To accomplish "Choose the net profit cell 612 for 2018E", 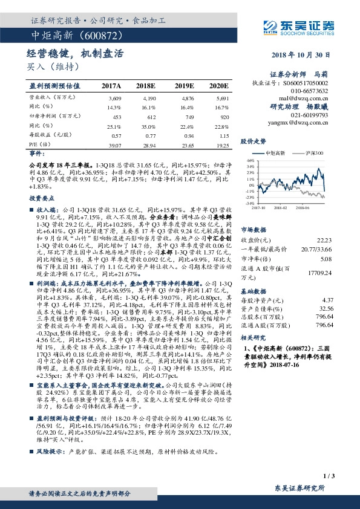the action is click(151, 116).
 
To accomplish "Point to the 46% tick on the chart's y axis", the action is click(250, 161).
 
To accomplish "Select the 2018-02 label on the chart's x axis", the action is click(283, 207).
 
